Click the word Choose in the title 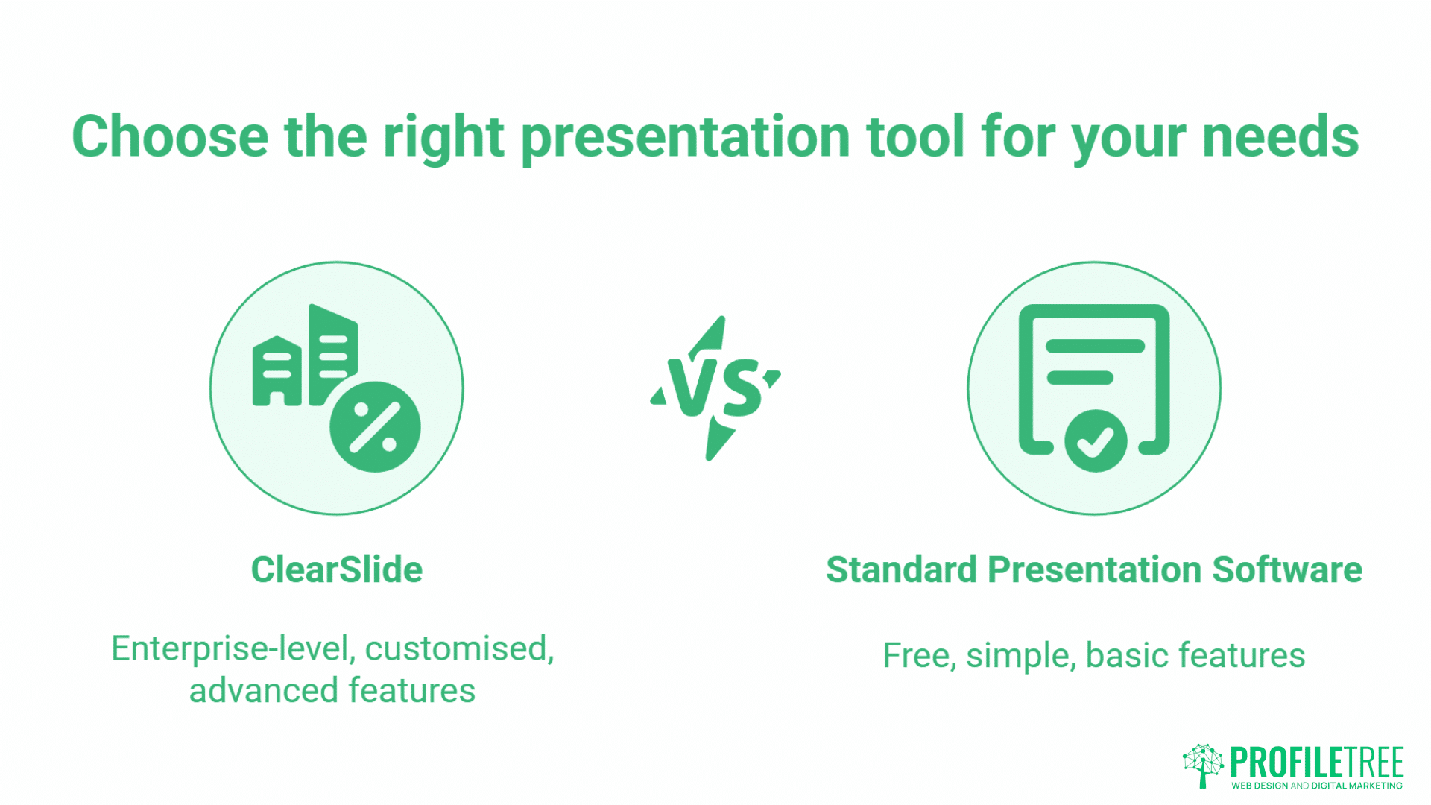[170, 137]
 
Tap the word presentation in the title [685, 137]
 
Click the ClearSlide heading [336, 569]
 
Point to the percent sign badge [375, 427]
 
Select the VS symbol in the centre [715, 388]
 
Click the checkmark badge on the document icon [1095, 441]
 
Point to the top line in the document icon [1094, 346]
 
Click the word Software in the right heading [1287, 569]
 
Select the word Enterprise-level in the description [233, 648]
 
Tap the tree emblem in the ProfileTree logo [1202, 765]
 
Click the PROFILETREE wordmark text [1316, 762]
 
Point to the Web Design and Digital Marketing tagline [1316, 786]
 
